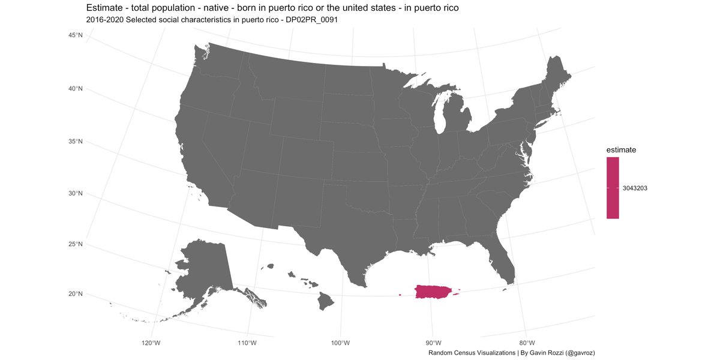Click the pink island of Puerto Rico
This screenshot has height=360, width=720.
[x=434, y=292]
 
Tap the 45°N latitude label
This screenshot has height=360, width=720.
[x=75, y=36]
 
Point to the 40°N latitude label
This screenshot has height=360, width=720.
[x=75, y=89]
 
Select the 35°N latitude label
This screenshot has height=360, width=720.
[x=75, y=142]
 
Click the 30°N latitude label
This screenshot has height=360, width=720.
[x=75, y=193]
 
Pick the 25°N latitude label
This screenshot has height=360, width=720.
[x=75, y=244]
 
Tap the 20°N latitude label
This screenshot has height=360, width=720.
[x=75, y=293]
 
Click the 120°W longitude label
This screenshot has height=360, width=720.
[x=151, y=343]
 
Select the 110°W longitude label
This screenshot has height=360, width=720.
[x=247, y=343]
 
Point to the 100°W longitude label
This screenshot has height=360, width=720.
[x=340, y=343]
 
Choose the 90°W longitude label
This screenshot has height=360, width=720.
[x=433, y=343]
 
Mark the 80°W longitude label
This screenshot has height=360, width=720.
[x=526, y=343]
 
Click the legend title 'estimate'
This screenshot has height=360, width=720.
[x=621, y=149]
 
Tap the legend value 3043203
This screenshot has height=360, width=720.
[x=635, y=188]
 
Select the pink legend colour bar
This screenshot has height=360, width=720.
[x=613, y=188]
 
